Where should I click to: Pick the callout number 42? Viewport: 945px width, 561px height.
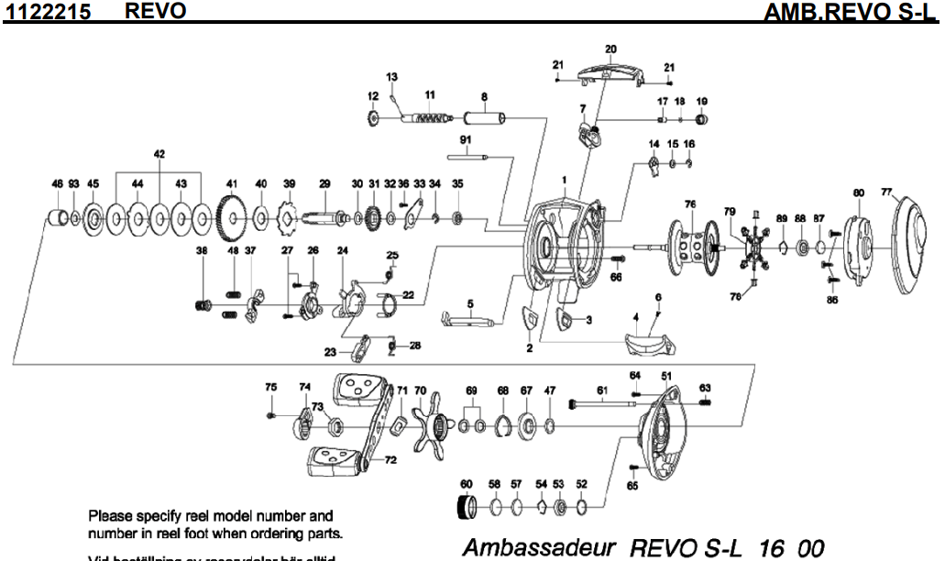159,155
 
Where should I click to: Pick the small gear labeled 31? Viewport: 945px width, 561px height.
373,219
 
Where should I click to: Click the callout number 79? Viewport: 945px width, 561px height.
730,212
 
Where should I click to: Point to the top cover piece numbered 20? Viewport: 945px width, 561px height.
611,73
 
